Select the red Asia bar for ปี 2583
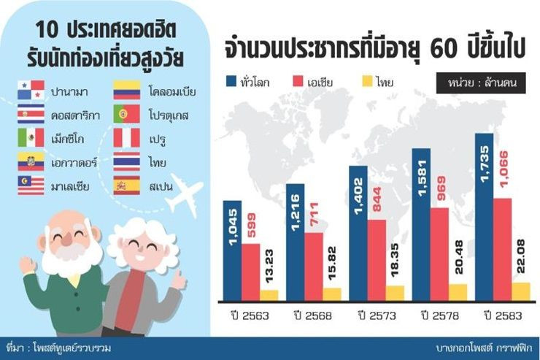point(506,248)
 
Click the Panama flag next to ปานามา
point(31,91)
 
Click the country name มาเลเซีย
point(70,185)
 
